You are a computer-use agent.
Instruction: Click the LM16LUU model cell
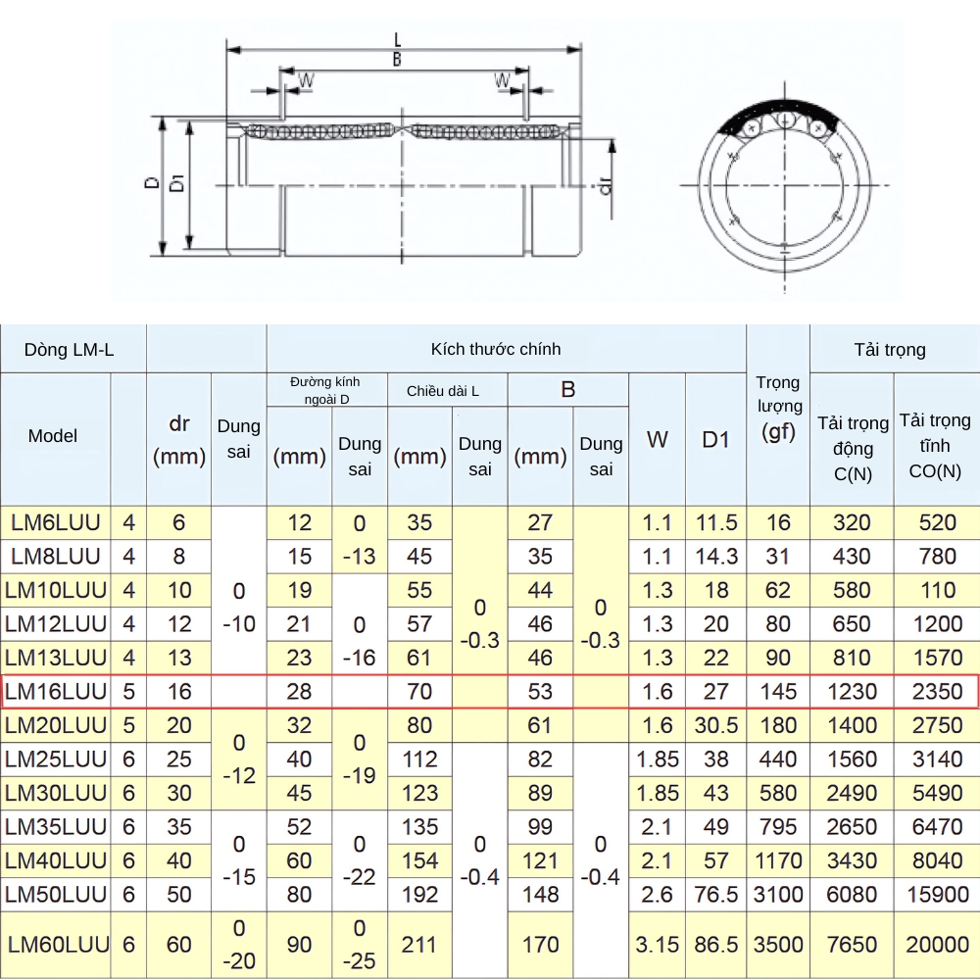pyautogui.click(x=55, y=691)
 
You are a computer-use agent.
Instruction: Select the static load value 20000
pyautogui.click(x=937, y=945)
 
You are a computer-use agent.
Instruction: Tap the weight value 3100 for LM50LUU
pyautogui.click(x=778, y=894)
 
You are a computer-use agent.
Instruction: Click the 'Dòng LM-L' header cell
pyautogui.click(x=70, y=349)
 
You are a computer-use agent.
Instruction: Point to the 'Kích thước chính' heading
pyautogui.click(x=496, y=349)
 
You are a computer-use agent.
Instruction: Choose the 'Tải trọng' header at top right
pyautogui.click(x=889, y=349)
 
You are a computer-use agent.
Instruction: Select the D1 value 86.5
pyautogui.click(x=716, y=945)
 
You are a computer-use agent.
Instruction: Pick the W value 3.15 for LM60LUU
pyautogui.click(x=657, y=945)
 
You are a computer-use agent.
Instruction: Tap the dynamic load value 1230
pyautogui.click(x=852, y=691)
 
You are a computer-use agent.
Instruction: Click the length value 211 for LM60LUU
pyautogui.click(x=419, y=945)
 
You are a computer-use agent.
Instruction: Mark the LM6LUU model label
pyautogui.click(x=55, y=522)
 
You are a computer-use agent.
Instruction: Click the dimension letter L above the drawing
pyautogui.click(x=397, y=39)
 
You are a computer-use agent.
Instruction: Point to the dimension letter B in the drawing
pyautogui.click(x=397, y=60)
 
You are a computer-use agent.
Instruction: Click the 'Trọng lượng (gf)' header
pyautogui.click(x=778, y=408)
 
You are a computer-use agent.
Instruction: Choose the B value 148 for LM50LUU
pyautogui.click(x=540, y=894)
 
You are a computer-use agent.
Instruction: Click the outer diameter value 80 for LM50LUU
pyautogui.click(x=299, y=894)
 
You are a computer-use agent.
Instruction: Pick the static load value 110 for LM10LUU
pyautogui.click(x=937, y=590)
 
